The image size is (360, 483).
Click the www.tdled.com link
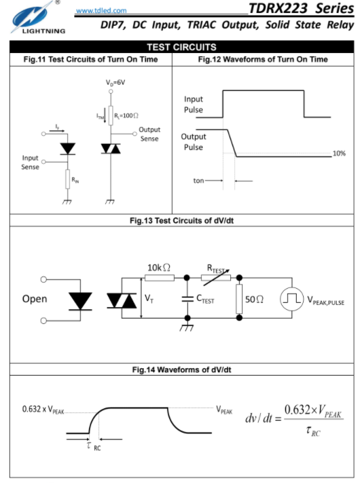[x=101, y=10]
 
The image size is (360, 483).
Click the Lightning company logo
[x=37, y=17]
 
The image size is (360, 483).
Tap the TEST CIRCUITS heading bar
[x=181, y=47]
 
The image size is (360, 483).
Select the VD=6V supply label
[x=115, y=83]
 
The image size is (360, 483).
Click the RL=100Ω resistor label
[x=126, y=115]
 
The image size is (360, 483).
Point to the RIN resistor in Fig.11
[x=67, y=179]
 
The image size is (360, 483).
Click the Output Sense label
[x=149, y=134]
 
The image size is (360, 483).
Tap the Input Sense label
[x=30, y=162]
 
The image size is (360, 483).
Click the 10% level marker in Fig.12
[x=339, y=153]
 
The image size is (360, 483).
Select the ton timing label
[x=198, y=181]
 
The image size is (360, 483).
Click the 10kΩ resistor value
[x=159, y=268]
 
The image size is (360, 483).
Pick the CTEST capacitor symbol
[x=187, y=298]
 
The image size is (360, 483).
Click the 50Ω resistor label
[x=254, y=299]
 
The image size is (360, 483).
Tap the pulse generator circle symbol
[x=292, y=298]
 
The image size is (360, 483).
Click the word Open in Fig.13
[x=35, y=299]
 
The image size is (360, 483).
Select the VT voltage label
[x=149, y=298]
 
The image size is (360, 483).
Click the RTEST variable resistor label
[x=216, y=268]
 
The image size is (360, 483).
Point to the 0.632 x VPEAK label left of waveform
[x=43, y=410]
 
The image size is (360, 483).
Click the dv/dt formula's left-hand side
[x=259, y=418]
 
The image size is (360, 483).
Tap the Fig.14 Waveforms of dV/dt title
[x=181, y=370]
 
